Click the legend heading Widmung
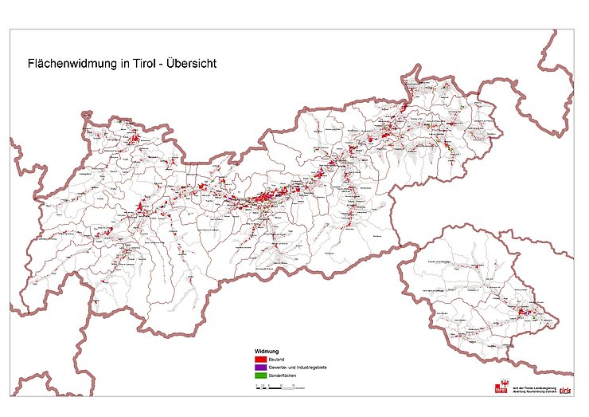click(266, 351)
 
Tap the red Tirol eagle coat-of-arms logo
click(501, 388)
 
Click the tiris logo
click(565, 389)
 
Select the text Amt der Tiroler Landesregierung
click(533, 387)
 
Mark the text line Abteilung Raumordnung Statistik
click(533, 391)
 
